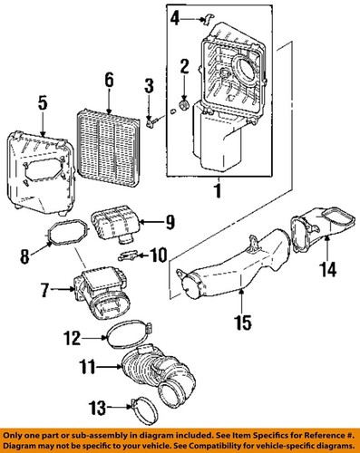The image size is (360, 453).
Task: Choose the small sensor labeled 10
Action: click(x=131, y=255)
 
